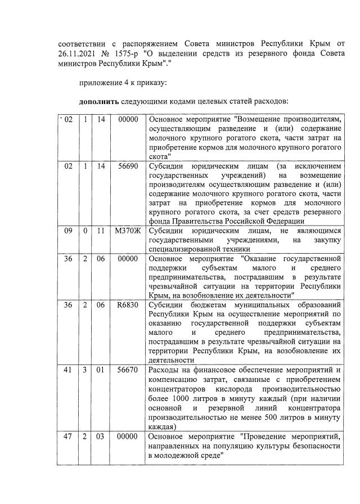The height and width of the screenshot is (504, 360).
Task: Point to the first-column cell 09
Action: click(x=69, y=231)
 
